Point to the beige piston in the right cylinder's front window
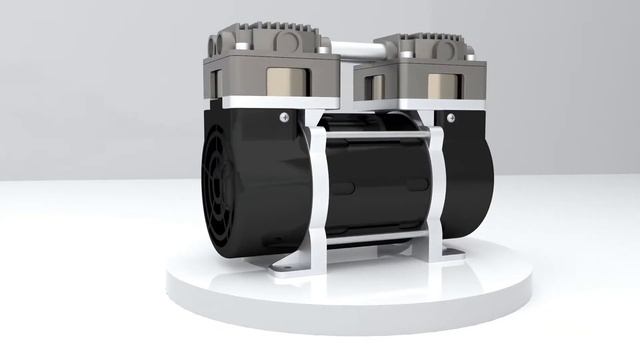click(x=441, y=86)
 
